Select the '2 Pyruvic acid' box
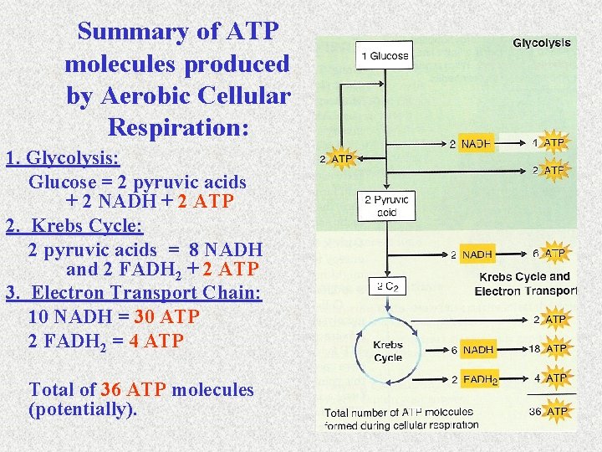[x=386, y=206]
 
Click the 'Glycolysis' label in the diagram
[x=541, y=43]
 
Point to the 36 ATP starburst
[x=555, y=411]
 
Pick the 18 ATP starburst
[x=555, y=348]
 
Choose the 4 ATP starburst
[x=555, y=378]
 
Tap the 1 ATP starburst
[x=554, y=143]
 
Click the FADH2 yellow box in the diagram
[x=480, y=379]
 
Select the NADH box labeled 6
[x=478, y=350]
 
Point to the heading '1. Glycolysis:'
[x=63, y=158]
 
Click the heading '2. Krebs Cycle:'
[x=74, y=226]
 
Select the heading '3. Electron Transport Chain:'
[x=134, y=294]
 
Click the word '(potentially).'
[x=83, y=410]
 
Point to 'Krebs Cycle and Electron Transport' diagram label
[x=525, y=284]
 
